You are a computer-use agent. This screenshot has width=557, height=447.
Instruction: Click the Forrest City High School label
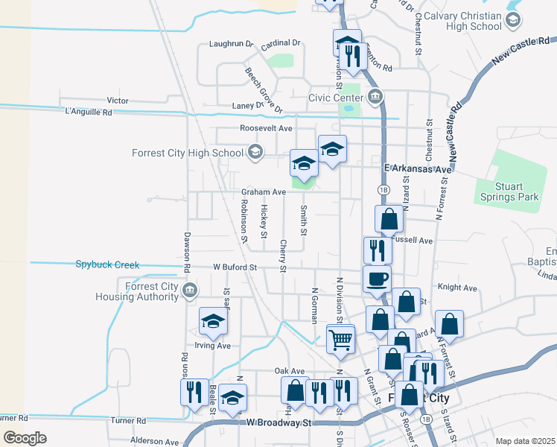click(187, 153)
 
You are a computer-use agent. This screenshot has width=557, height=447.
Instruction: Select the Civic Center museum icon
click(375, 97)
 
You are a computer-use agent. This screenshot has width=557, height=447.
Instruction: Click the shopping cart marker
click(340, 339)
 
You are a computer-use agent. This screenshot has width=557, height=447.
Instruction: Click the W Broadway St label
click(278, 423)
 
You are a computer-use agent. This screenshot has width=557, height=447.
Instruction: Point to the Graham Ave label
click(264, 192)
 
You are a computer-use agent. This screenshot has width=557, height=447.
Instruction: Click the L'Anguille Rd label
click(88, 112)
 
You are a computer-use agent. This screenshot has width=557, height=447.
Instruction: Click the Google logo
click(25, 438)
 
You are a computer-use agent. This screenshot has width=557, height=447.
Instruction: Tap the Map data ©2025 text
click(524, 441)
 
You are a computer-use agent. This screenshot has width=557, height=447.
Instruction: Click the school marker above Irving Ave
click(213, 322)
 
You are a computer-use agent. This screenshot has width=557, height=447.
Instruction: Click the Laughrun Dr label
click(232, 44)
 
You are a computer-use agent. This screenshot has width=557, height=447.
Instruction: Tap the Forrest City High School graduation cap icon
click(255, 153)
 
